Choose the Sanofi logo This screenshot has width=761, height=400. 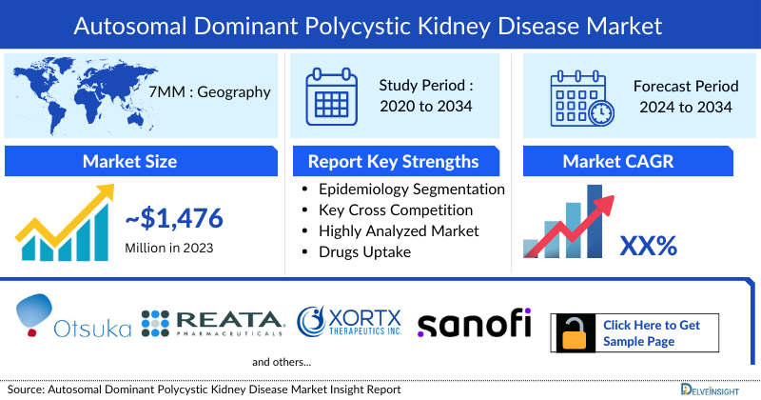click(x=474, y=323)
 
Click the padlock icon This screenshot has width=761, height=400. click(x=574, y=333)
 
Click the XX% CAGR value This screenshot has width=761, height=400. click(x=648, y=247)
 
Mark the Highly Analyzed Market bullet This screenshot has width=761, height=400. click(x=399, y=230)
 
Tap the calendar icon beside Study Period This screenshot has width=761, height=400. click(x=329, y=95)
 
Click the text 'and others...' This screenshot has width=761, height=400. click(x=282, y=362)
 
